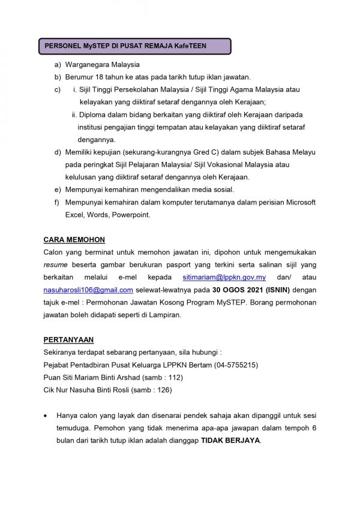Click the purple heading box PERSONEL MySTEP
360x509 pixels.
point(134,46)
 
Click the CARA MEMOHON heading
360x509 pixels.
point(74,240)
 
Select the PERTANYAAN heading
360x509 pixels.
point(68,339)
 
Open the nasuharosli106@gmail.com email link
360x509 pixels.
point(88,290)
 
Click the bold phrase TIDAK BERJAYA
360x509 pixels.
point(230,440)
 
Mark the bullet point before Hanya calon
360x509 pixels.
point(46,415)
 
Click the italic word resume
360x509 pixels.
point(55,265)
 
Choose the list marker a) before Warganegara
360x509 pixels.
point(58,65)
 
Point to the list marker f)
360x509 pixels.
point(58,203)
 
